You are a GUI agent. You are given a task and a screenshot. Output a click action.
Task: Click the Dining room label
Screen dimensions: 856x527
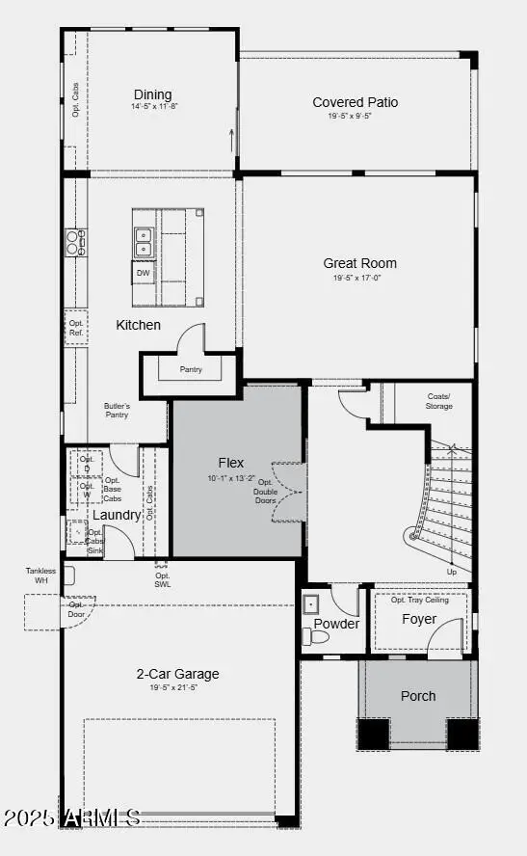click(x=152, y=94)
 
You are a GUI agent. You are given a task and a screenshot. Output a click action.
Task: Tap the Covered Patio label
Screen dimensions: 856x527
click(x=355, y=102)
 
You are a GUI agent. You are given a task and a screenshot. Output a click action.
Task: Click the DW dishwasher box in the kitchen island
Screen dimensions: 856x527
click(x=144, y=273)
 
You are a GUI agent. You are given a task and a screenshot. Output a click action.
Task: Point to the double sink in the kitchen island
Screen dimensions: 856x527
click(x=144, y=241)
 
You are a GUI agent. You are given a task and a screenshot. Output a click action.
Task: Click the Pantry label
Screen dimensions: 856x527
click(x=191, y=369)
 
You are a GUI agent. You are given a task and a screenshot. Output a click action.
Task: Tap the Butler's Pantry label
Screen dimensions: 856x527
click(x=117, y=411)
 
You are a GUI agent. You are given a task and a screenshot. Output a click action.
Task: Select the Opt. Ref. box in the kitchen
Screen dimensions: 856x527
click(x=76, y=328)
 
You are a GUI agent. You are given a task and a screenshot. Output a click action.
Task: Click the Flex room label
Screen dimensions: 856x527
click(x=231, y=463)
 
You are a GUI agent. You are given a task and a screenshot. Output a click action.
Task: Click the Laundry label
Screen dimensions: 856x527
click(x=117, y=516)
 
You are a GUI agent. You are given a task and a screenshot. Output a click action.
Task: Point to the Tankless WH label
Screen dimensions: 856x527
click(x=40, y=575)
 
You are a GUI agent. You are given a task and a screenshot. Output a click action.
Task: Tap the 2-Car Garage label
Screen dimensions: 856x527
click(x=177, y=674)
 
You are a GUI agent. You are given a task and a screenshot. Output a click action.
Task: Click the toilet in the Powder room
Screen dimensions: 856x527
click(x=315, y=636)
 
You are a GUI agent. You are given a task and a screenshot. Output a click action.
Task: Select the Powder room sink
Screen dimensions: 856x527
click(x=311, y=604)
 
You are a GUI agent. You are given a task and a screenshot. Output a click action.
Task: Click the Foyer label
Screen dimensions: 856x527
click(x=419, y=619)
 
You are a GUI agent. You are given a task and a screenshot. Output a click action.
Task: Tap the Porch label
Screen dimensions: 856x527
click(x=418, y=696)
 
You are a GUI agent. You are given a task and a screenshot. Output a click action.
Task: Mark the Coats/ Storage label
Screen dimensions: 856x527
click(x=438, y=400)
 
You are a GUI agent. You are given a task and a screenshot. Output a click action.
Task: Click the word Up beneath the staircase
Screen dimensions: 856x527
click(x=452, y=572)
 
